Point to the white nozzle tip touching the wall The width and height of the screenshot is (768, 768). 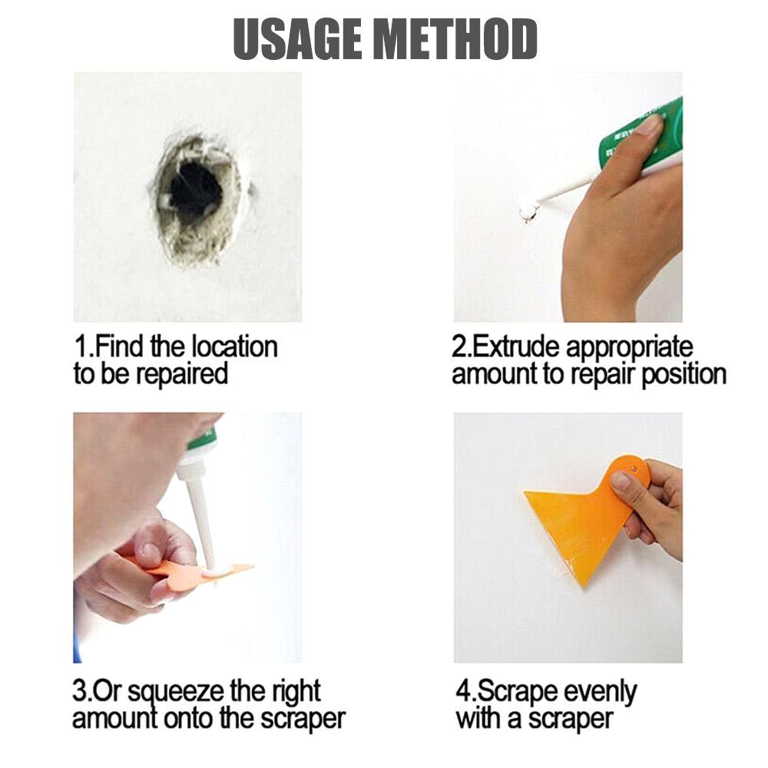click(528, 210)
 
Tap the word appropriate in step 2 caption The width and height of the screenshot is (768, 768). click(630, 348)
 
